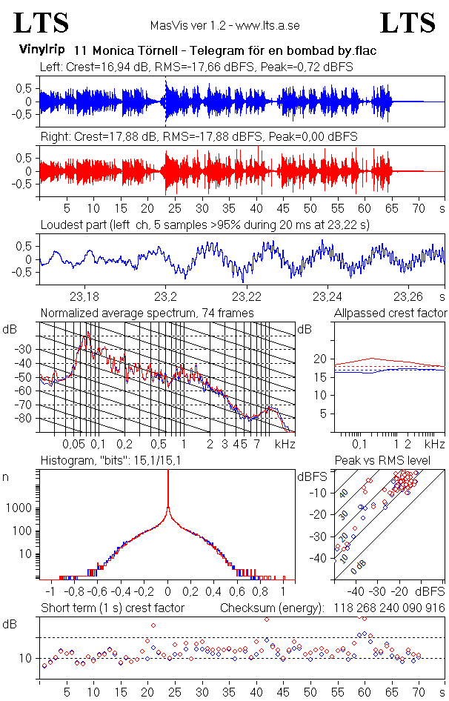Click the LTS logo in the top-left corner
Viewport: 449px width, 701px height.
[x=41, y=24]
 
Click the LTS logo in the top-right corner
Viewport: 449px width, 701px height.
[x=408, y=24]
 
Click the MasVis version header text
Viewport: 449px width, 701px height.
[x=224, y=25]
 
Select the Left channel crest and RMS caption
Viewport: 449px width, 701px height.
[x=196, y=67]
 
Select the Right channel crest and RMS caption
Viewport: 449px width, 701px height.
[x=199, y=137]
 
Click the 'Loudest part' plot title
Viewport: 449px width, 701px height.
[x=204, y=224]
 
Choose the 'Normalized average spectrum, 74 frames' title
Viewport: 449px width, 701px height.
[x=147, y=313]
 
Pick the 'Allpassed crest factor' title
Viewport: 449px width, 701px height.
[x=390, y=313]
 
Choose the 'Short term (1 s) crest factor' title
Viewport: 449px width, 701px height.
[x=112, y=608]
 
